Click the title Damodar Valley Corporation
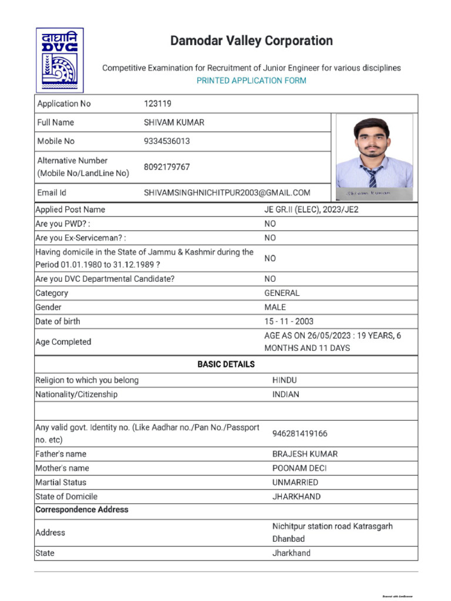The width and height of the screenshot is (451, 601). pos(251,41)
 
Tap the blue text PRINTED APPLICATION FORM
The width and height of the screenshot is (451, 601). pos(251,80)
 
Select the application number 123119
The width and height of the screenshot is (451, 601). pos(157,104)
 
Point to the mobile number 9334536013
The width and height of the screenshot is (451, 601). pos(167,141)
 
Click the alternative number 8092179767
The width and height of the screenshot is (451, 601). pos(167,167)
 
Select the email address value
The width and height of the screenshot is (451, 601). pos(227,193)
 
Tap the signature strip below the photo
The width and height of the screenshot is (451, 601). pos(374,193)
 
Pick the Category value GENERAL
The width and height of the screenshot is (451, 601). pos(282,293)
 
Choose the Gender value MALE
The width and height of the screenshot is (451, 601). pos(275,307)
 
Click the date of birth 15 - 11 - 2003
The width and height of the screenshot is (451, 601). pos(289,322)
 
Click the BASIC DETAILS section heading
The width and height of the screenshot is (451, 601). pos(226,364)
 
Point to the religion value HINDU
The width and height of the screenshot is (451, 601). pos(285,380)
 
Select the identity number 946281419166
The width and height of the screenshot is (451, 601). pos(300,434)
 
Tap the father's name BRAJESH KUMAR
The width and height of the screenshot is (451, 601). pos(305,454)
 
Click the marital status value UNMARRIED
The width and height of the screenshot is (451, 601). pos(295,482)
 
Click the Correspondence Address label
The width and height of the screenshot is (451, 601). pos(82,509)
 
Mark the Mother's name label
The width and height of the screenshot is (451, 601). pos(62,468)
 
